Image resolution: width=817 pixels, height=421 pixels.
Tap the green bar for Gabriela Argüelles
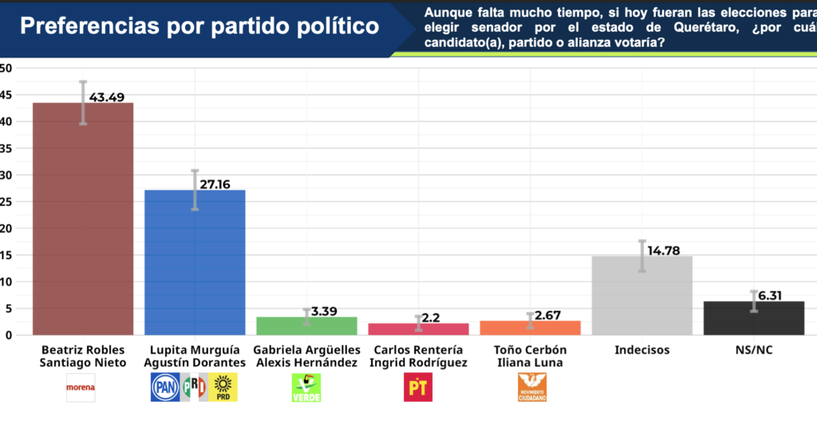306,326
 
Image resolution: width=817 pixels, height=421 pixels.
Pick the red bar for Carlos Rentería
418,329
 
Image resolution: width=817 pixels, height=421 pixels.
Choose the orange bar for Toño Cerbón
530,328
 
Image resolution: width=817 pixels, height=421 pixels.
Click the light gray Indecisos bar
641,295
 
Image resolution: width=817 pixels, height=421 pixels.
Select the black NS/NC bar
753,318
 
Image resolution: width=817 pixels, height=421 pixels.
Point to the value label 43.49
107,97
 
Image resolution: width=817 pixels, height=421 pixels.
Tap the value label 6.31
770,296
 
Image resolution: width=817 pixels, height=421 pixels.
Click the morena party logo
81,388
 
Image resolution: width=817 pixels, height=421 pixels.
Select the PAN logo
164,388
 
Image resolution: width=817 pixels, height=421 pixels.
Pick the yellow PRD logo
223,388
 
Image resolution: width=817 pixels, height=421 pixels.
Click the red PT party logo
417,388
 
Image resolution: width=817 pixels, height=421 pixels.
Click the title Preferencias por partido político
199,26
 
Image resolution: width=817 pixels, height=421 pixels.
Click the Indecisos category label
641,350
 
